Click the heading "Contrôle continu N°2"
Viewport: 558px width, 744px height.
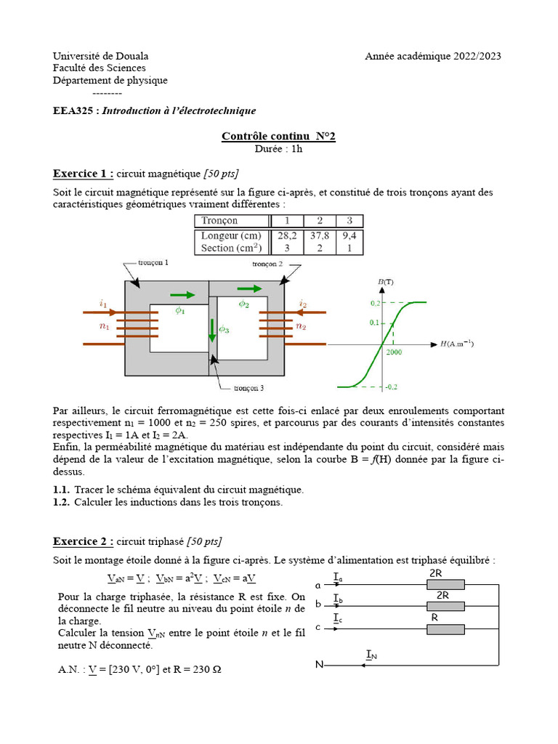[278, 136]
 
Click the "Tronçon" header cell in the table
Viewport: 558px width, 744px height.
[219, 220]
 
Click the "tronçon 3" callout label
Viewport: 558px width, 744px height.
[254, 388]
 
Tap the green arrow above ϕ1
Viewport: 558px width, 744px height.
[182, 294]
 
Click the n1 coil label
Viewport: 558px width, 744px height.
[104, 327]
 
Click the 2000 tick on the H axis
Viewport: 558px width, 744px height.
[395, 352]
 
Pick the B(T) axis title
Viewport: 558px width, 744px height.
[386, 281]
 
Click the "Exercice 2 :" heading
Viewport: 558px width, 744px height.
[84, 541]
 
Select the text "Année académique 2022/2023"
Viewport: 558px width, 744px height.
[432, 56]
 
